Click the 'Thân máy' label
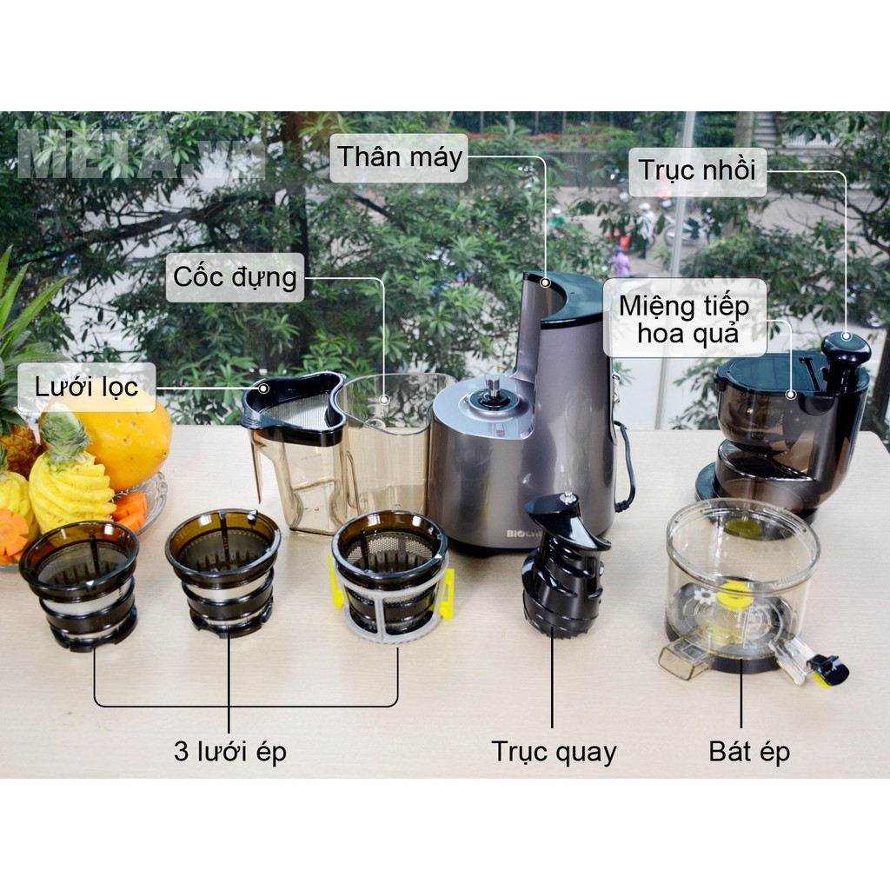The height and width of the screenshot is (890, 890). pos(399,157)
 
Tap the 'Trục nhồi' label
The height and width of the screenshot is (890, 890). pos(698,170)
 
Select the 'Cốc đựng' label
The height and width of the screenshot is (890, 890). pos(235,277)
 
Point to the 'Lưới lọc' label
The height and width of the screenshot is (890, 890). pos(86,387)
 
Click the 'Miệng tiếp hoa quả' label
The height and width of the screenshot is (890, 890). pos(685,318)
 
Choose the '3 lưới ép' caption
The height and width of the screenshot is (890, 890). pos(229,752)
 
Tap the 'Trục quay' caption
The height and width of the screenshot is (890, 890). pos(554,752)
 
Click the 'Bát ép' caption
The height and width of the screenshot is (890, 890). pos(749,752)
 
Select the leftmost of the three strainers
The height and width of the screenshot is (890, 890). pos(79,585)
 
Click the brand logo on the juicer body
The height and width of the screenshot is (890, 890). pos(518,534)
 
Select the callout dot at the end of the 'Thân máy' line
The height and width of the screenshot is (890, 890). pos(545,282)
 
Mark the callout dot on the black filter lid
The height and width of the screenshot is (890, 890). pos(263,389)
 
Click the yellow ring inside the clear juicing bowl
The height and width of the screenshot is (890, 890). pos(733,591)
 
